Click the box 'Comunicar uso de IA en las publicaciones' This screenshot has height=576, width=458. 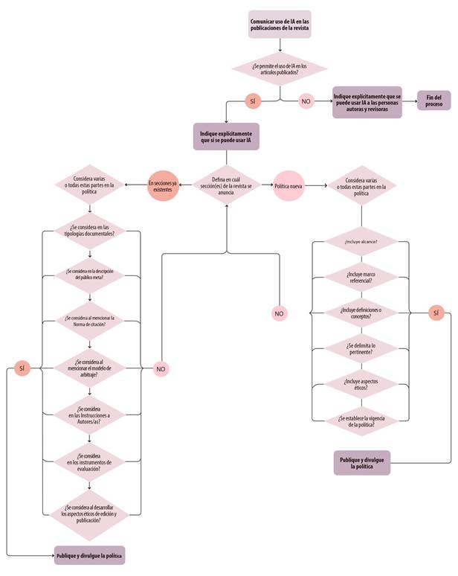pyautogui.click(x=280, y=25)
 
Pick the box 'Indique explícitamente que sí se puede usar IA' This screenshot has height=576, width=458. pyautogui.click(x=226, y=136)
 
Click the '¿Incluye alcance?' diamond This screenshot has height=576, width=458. pyautogui.click(x=361, y=242)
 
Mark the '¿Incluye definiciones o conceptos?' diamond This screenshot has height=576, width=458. pyautogui.click(x=361, y=313)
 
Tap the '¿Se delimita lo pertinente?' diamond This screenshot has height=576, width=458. pyautogui.click(x=361, y=348)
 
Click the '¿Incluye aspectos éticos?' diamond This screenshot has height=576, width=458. pyautogui.click(x=361, y=383)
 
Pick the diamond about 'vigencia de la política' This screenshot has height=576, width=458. pyautogui.click(x=361, y=419)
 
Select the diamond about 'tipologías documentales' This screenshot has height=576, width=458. pyautogui.click(x=90, y=229)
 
